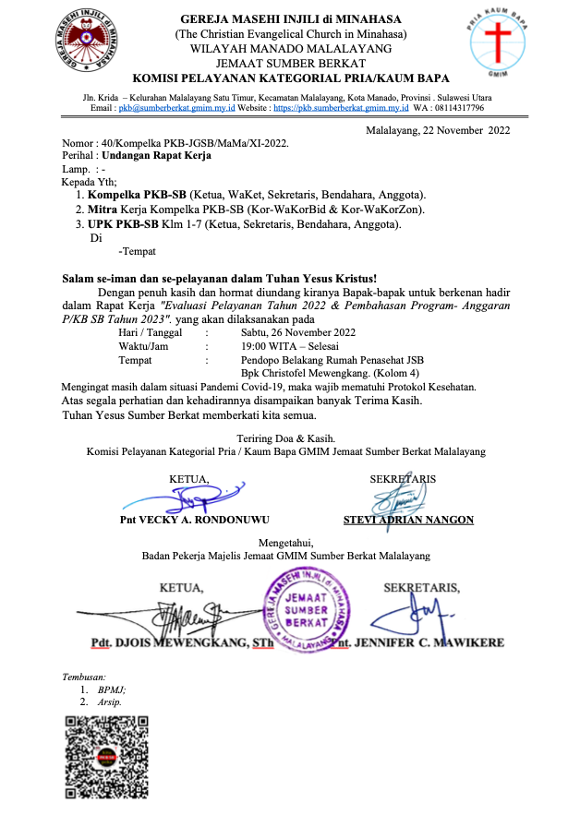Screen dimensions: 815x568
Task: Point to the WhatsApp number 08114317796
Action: tap(459, 108)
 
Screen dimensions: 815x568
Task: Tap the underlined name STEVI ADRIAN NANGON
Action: tap(408, 521)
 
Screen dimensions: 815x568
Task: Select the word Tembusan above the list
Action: tap(83, 677)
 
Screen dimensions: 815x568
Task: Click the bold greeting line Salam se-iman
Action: tap(219, 278)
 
